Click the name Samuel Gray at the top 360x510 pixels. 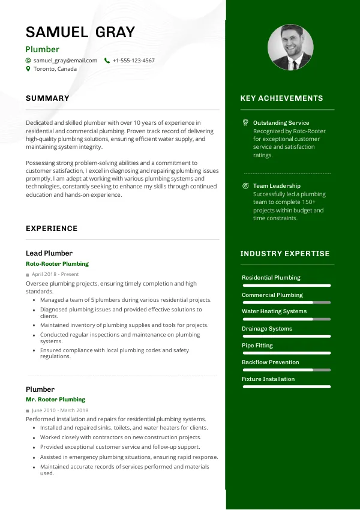[x=80, y=32]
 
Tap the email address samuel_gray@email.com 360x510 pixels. [x=65, y=61]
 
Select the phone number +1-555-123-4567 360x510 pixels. [x=133, y=61]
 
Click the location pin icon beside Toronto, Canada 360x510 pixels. [x=28, y=69]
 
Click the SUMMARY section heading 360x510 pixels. [x=47, y=98]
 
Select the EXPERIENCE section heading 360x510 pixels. [x=52, y=229]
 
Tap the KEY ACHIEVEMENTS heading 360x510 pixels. [x=281, y=98]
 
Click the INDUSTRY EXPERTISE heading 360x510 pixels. [x=285, y=254]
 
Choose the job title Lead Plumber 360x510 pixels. [x=49, y=253]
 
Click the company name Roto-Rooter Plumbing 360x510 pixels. [x=57, y=264]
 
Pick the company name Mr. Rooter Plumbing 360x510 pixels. [x=55, y=400]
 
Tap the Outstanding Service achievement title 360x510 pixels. [x=281, y=122]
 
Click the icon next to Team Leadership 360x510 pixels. [x=245, y=186]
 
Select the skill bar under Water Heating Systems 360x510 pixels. [x=286, y=319]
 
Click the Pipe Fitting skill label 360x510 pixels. [x=257, y=346]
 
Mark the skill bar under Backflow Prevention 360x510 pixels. [x=286, y=370]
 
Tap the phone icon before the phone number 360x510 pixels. [x=107, y=61]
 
